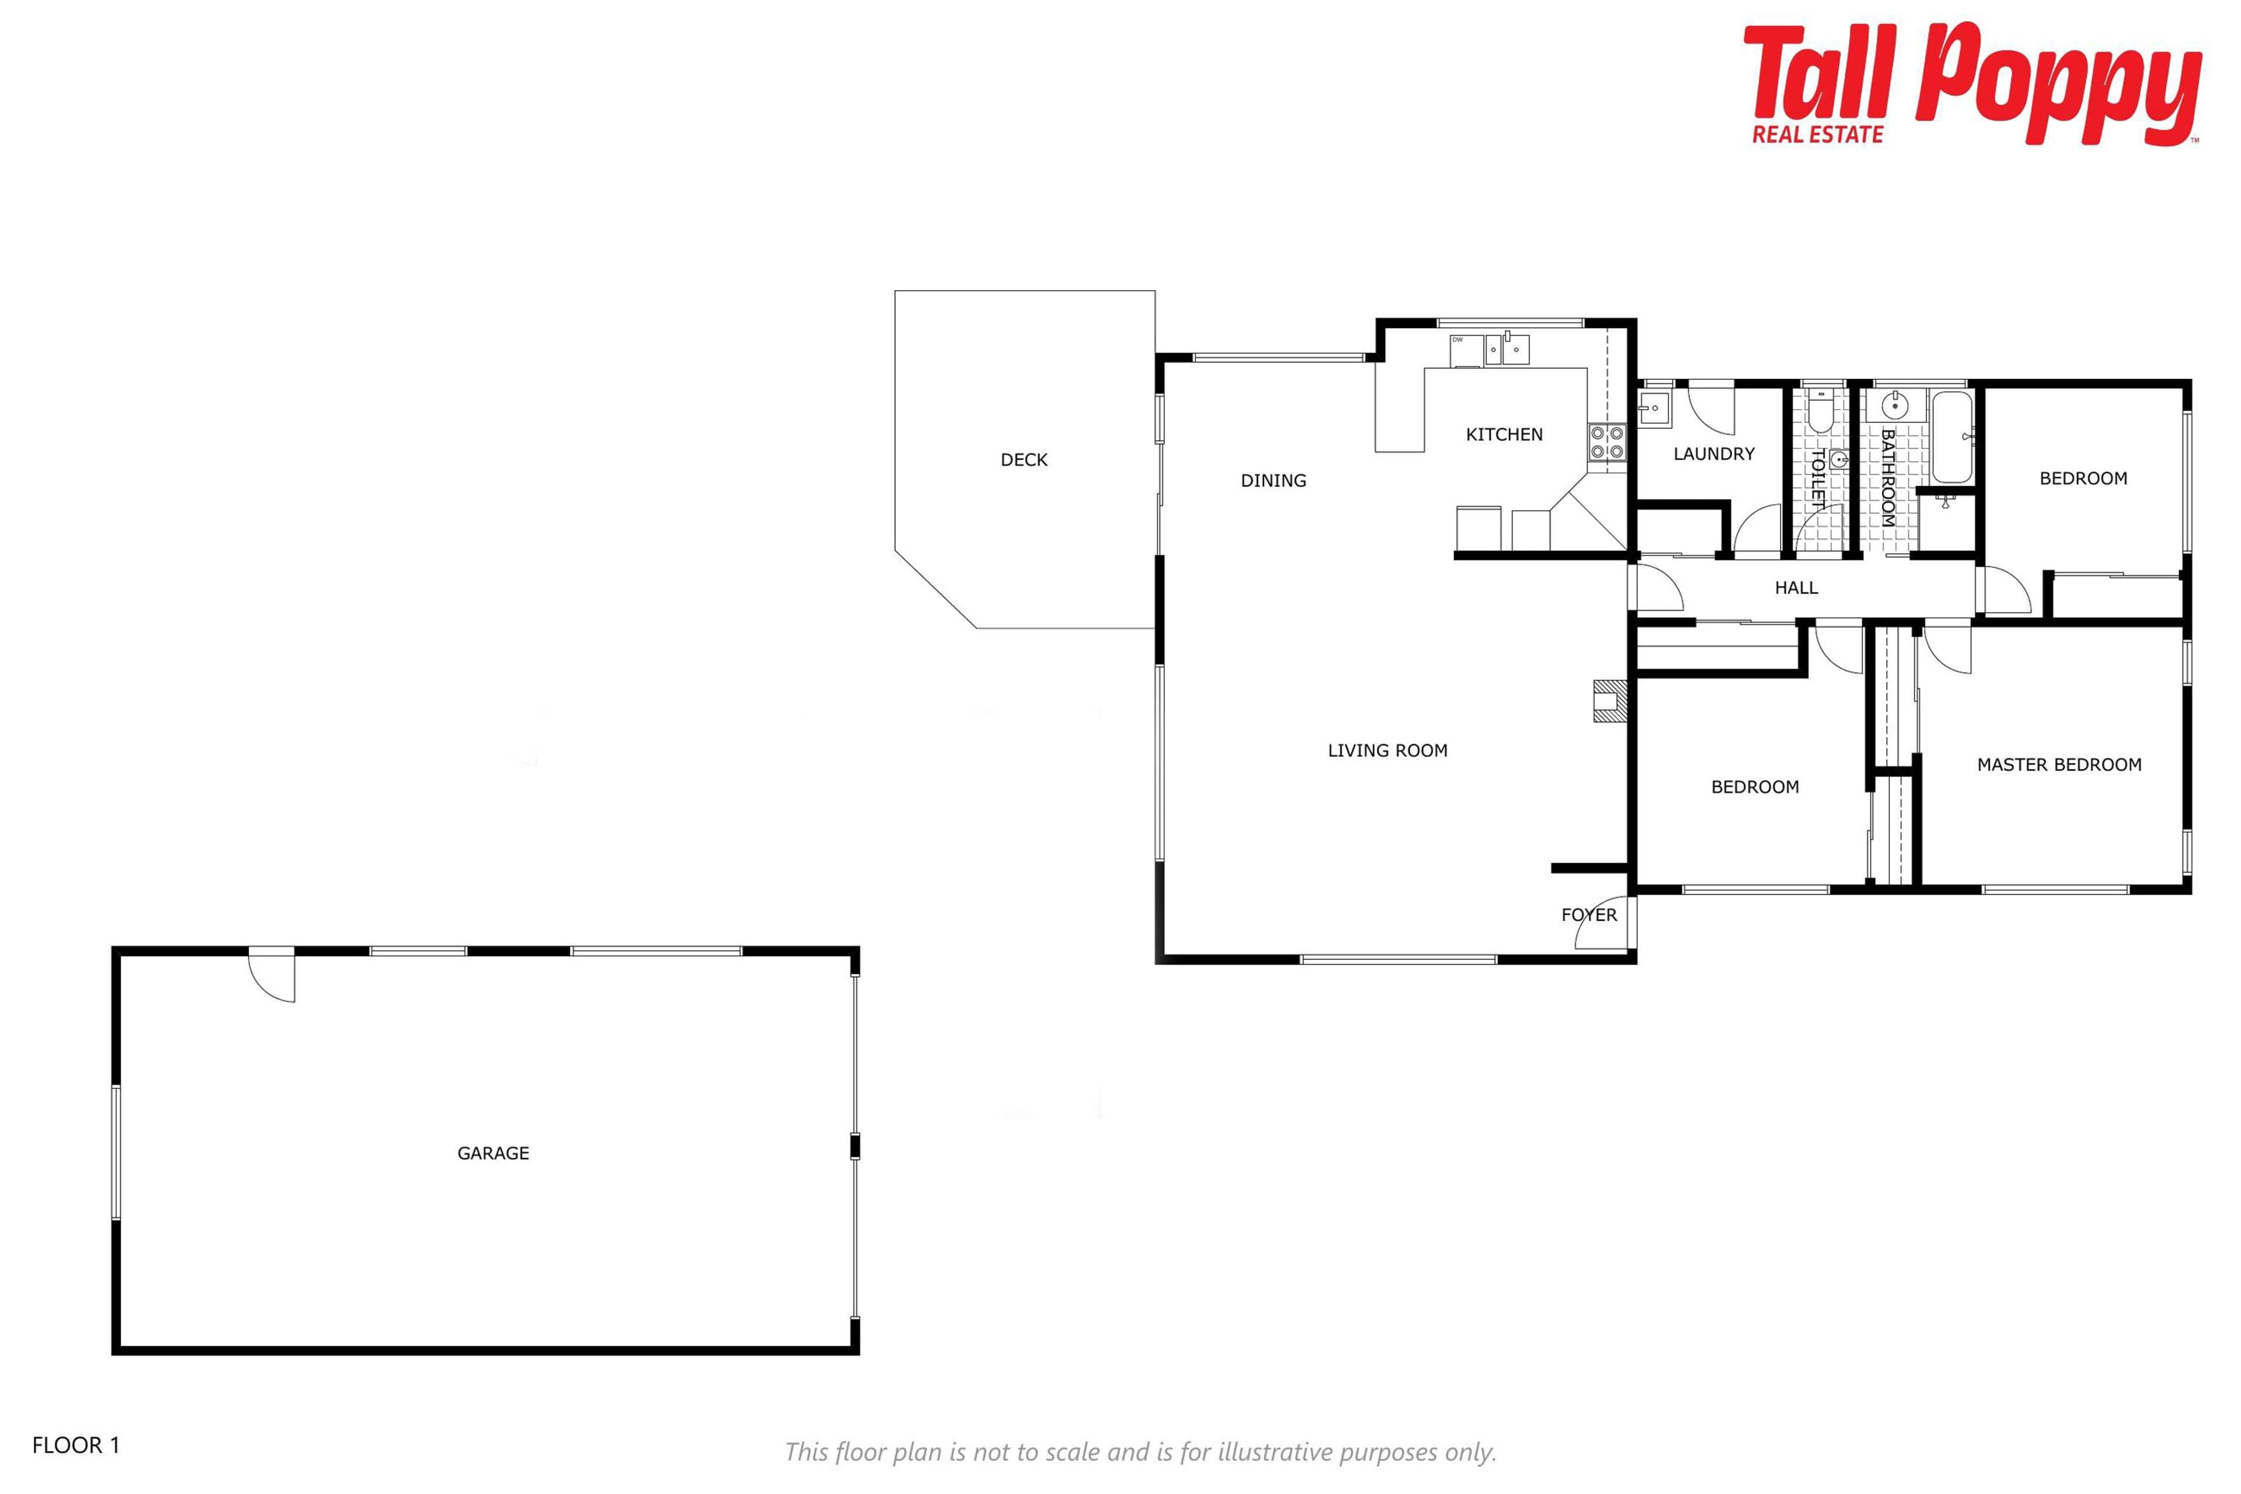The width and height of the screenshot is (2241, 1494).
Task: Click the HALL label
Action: tap(1796, 588)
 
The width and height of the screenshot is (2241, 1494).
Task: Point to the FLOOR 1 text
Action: tap(76, 1446)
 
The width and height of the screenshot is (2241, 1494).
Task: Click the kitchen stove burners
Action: tap(1607, 443)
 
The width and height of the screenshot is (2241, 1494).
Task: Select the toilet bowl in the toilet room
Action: tap(1820, 411)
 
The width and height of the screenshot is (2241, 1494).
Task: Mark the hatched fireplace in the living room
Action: tap(1610, 701)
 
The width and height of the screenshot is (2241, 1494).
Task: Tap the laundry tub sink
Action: tap(1654, 410)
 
